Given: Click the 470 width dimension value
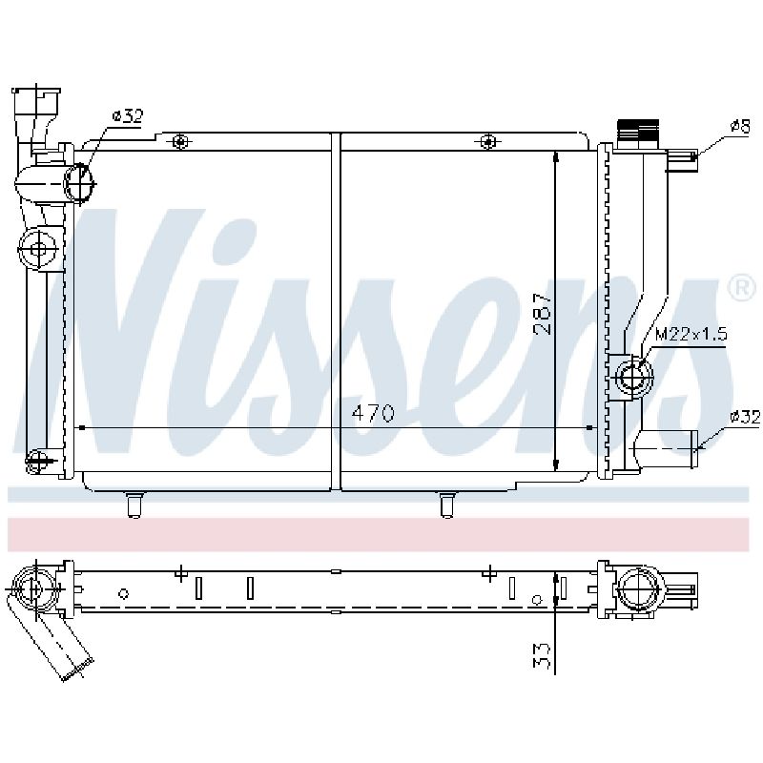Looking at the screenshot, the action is pyautogui.click(x=373, y=413).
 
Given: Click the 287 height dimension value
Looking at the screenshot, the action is pyautogui.click(x=543, y=314).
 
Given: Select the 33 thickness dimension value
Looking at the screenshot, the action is pyautogui.click(x=543, y=655).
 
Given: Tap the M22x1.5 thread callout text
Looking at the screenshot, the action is pyautogui.click(x=691, y=334).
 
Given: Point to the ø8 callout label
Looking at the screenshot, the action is pyautogui.click(x=740, y=127).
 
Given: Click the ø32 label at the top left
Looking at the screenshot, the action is pyautogui.click(x=128, y=116).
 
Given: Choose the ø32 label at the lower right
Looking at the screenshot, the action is pyautogui.click(x=745, y=417).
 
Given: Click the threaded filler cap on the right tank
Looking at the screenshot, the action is pyautogui.click(x=637, y=134).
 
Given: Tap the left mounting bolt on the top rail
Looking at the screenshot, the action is pyautogui.click(x=180, y=141).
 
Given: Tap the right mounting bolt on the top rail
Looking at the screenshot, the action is pyautogui.click(x=487, y=141).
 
